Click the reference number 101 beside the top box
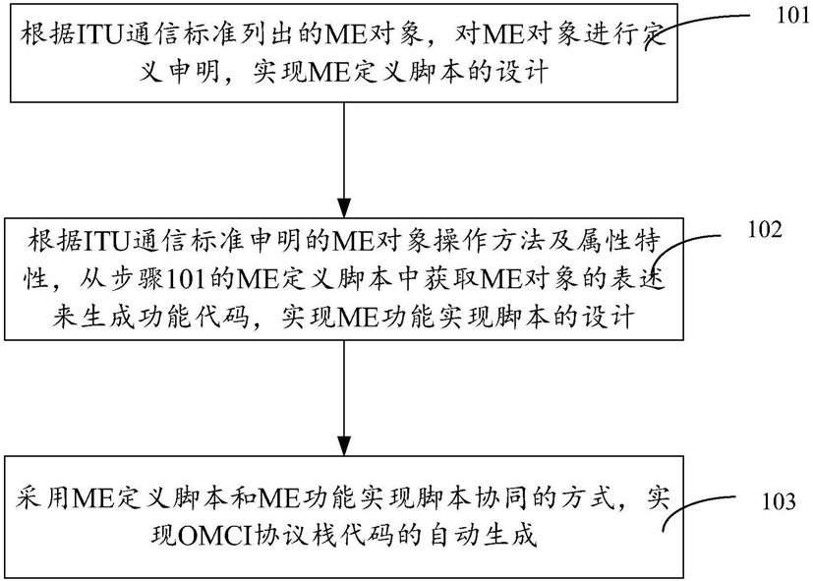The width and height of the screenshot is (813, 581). pos(792,16)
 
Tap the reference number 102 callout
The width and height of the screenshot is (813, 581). pos(764,230)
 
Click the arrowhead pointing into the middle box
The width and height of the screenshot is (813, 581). pos(344,207)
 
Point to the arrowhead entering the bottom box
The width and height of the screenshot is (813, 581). pos(344,445)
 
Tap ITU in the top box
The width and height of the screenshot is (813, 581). pos(99,35)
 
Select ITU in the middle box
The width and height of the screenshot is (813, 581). pos(106,242)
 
